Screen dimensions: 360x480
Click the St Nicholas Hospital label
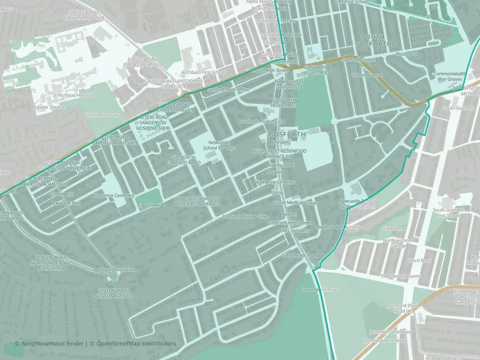[x=73, y=95]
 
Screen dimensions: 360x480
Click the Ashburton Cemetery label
[x=113, y=195]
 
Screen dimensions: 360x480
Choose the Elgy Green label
[x=148, y=205]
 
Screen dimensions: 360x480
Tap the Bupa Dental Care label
[x=118, y=269]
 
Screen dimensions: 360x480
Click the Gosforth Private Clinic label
[x=245, y=216]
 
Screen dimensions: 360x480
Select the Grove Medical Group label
[x=295, y=202]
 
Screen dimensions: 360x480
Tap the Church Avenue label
[x=366, y=75]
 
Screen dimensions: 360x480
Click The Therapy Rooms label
[x=400, y=276]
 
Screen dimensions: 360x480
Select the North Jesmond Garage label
[x=398, y=243]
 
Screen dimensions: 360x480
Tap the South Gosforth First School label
[x=446, y=212]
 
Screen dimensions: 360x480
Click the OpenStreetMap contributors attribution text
[x=136, y=343]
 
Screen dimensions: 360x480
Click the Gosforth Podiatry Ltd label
[x=262, y=121]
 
